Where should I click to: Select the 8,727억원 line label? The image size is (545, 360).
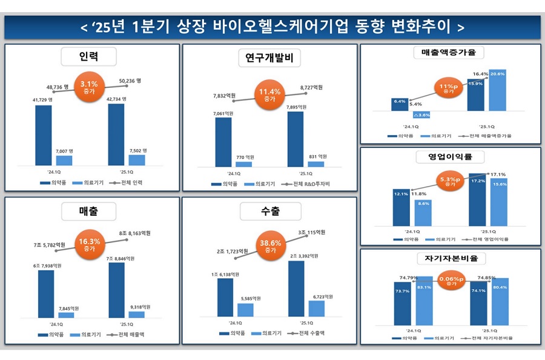[x=311, y=88]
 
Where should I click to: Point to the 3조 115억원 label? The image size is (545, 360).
[x=312, y=233]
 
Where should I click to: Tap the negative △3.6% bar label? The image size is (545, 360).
[x=421, y=114]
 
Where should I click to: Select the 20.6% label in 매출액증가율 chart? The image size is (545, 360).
[x=497, y=74]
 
